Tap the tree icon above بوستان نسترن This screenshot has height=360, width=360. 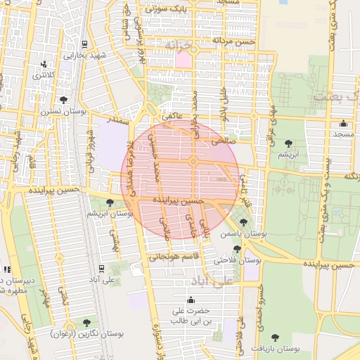64,100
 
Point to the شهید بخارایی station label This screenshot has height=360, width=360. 84,55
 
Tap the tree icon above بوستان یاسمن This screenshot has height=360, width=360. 243,222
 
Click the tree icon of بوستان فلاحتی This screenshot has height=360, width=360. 237,249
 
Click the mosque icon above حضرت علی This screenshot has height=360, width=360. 191,299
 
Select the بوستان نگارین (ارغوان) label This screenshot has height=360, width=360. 86,334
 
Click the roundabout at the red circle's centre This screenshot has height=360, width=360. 192,162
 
